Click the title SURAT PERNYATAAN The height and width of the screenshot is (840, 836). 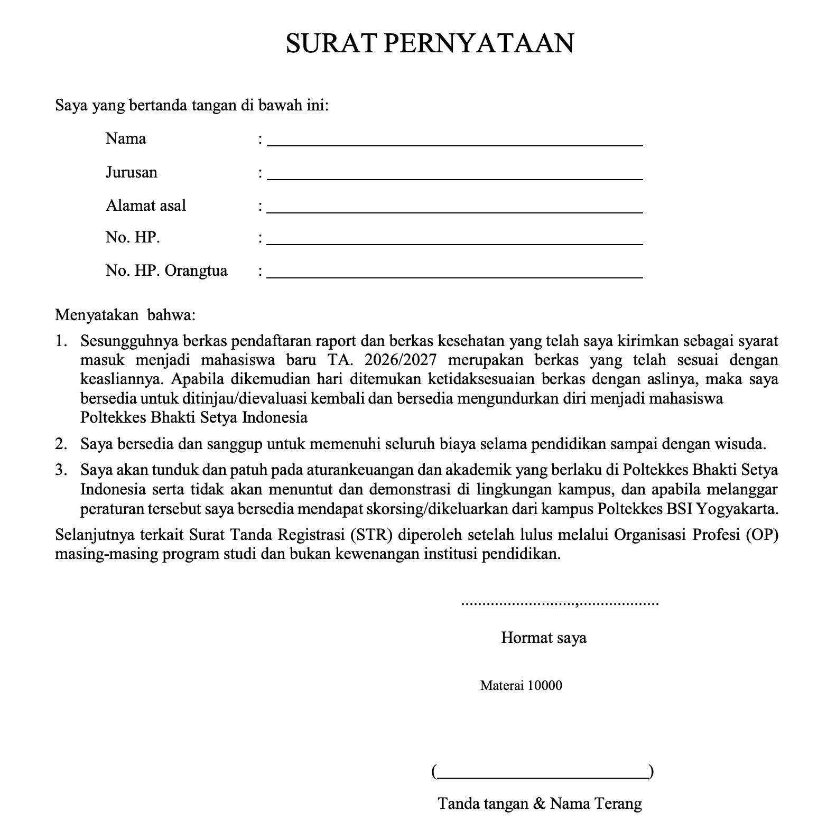(x=430, y=43)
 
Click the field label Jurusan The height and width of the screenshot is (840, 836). (x=131, y=173)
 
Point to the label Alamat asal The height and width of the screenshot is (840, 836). (x=145, y=206)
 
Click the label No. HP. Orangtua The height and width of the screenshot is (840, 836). (x=166, y=271)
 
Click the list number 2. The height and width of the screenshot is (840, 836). (x=61, y=444)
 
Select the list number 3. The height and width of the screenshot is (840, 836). (x=61, y=470)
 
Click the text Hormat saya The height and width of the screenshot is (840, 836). (x=543, y=638)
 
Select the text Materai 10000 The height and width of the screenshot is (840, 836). (x=521, y=686)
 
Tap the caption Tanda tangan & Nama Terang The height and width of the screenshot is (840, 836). (x=540, y=804)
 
